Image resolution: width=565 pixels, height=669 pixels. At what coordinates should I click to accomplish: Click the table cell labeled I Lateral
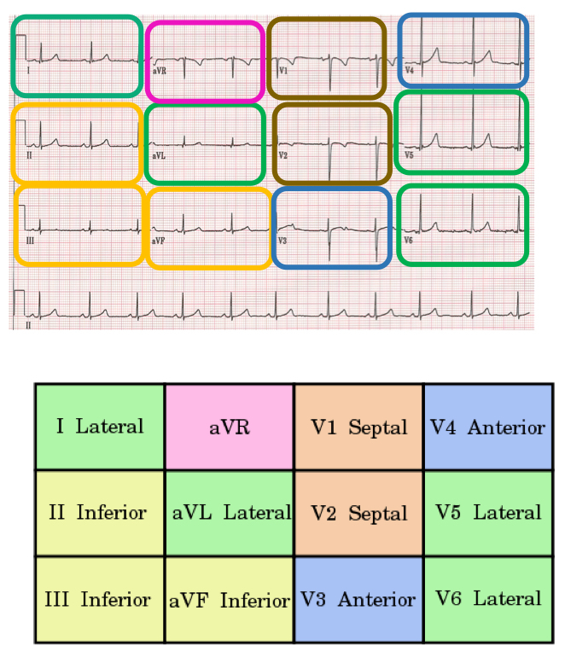tap(100, 427)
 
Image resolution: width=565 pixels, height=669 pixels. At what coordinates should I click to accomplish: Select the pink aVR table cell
tap(230, 427)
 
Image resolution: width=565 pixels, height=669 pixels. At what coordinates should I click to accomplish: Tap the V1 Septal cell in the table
tap(358, 427)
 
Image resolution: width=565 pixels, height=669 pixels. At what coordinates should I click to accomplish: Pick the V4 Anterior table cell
tap(487, 427)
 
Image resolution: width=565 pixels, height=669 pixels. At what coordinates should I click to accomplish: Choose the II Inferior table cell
tap(100, 513)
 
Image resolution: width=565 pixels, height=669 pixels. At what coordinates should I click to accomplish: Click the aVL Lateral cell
tap(230, 513)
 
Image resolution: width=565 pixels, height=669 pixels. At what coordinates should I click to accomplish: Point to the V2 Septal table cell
tap(358, 513)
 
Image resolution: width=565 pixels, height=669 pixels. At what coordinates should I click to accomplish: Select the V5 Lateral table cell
tap(487, 513)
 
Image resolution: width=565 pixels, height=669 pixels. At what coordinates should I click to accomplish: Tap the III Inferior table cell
tap(100, 599)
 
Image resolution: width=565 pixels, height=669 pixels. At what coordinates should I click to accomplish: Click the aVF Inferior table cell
tap(230, 599)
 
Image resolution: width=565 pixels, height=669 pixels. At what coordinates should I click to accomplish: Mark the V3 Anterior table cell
tap(358, 599)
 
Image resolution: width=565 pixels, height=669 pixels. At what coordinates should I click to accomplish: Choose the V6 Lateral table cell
tap(487, 599)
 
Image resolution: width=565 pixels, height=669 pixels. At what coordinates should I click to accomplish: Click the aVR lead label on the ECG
tap(159, 71)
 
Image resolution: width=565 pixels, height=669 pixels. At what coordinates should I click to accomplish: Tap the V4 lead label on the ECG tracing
tap(410, 70)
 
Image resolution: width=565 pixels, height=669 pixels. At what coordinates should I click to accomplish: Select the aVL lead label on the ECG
tap(158, 156)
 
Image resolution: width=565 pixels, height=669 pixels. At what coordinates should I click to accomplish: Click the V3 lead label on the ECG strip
tap(283, 241)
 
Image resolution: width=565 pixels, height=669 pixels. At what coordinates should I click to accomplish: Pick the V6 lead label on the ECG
tap(408, 241)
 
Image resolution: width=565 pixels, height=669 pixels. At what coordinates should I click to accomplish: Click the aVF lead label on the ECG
tap(158, 241)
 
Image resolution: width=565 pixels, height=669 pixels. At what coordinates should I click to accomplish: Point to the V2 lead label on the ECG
tap(283, 156)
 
